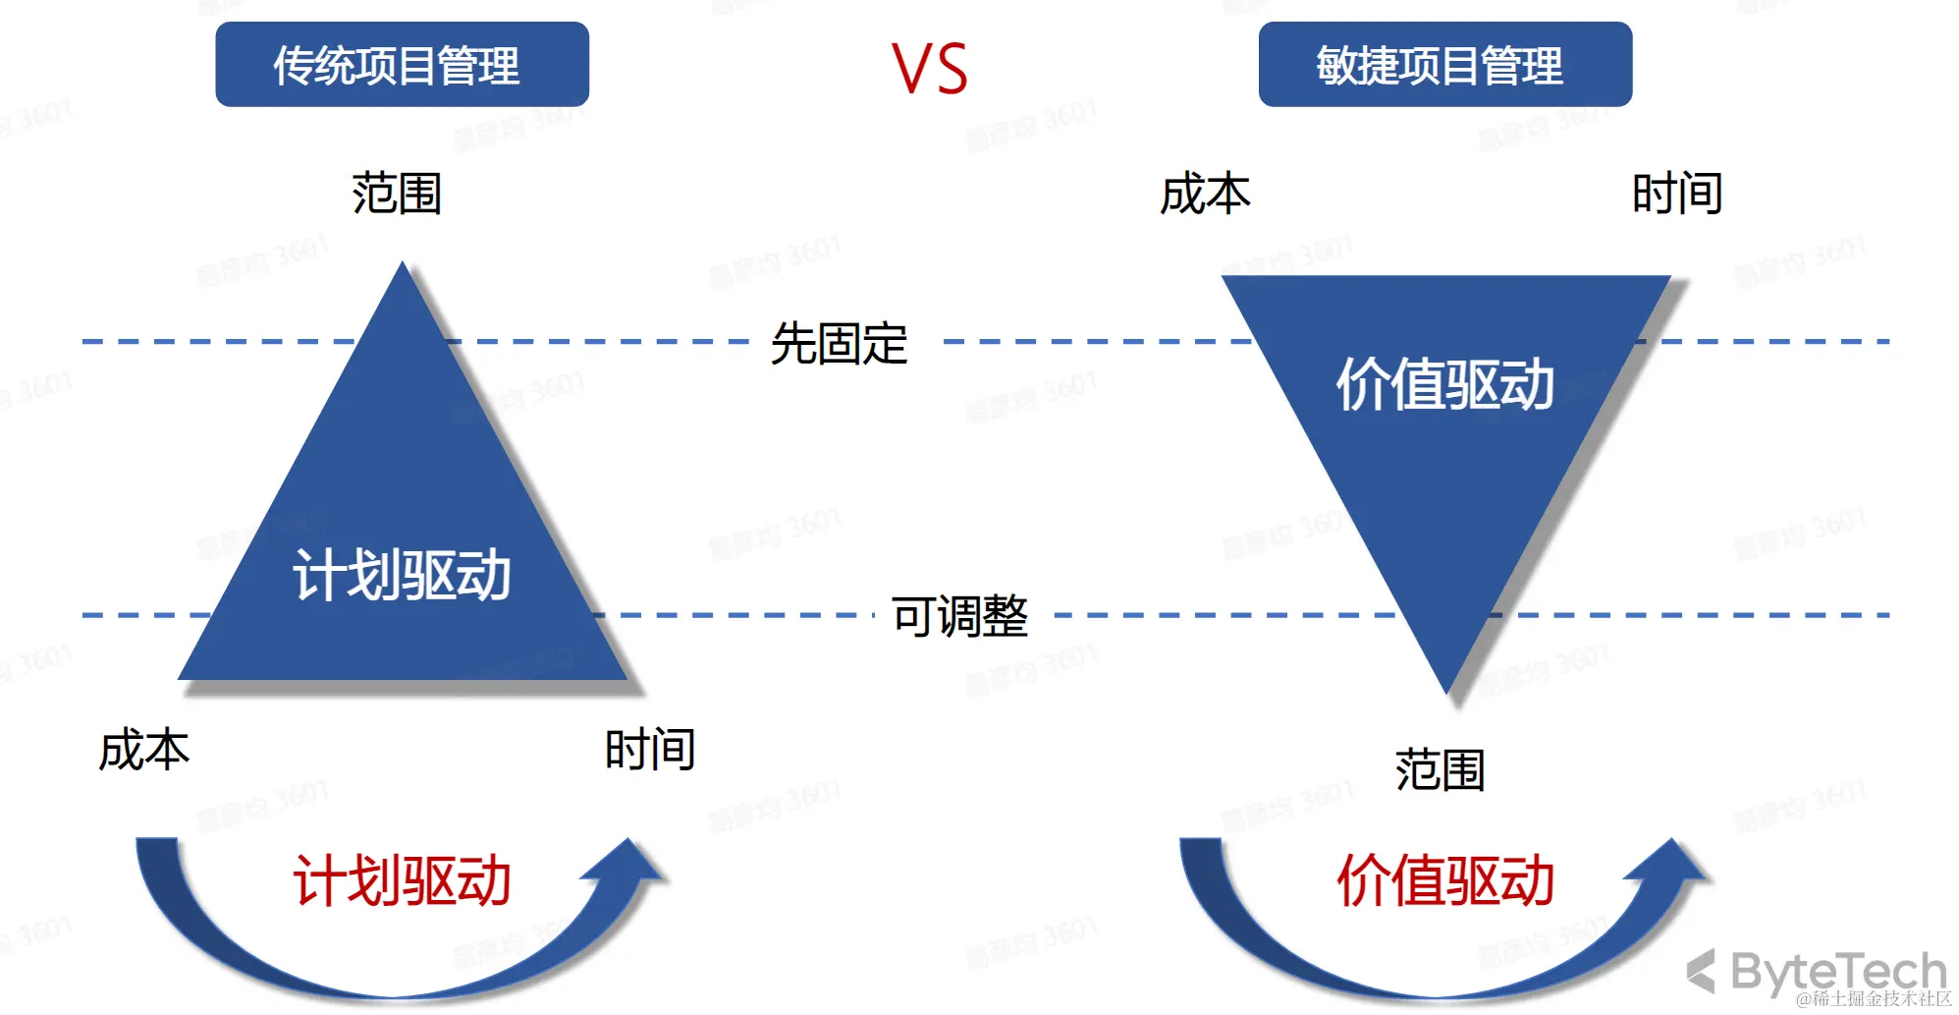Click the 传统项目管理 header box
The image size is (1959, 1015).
[402, 65]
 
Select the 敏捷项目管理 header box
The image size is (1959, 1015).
[1444, 65]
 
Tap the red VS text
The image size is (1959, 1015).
[929, 69]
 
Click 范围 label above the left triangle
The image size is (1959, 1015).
[397, 193]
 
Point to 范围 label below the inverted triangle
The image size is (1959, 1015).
[1440, 769]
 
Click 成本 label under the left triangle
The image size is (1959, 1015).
[143, 750]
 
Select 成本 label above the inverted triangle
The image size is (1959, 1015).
[1205, 193]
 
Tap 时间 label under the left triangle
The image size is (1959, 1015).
[649, 750]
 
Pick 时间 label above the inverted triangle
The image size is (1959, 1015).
[1676, 193]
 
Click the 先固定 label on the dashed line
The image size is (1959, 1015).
[839, 343]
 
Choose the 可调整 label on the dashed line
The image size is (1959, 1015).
[959, 616]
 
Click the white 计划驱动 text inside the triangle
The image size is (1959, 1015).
[402, 575]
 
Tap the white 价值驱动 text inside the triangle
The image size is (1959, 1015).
[1444, 384]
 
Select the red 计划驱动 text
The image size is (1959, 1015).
[402, 880]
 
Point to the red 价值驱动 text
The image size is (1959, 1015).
[1444, 880]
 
